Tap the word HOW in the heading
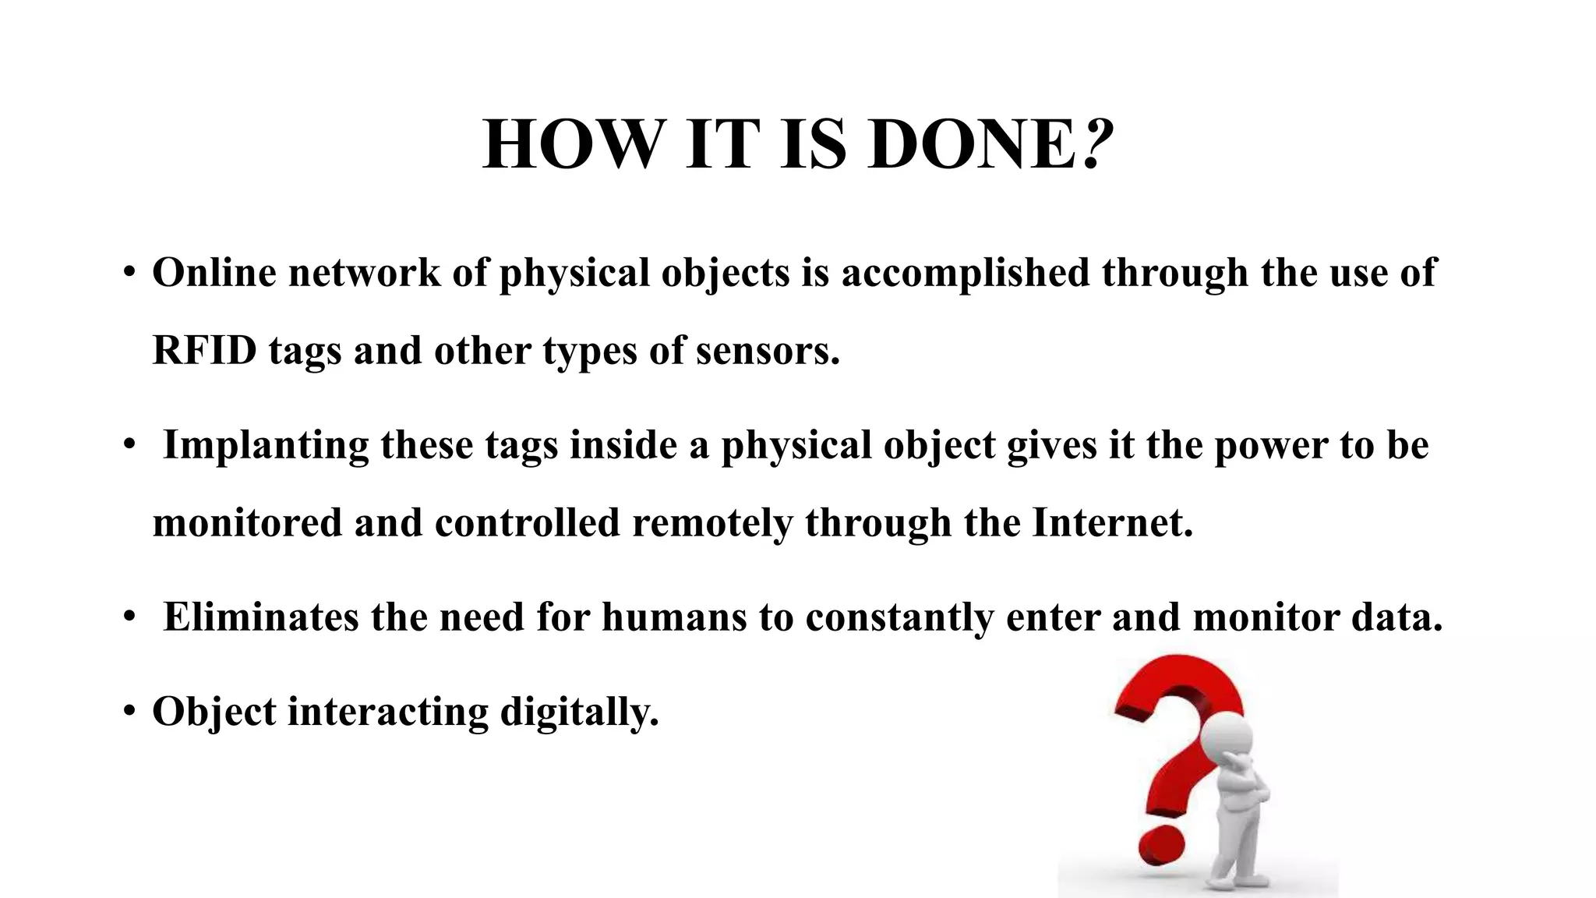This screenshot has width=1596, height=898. pyautogui.click(x=570, y=145)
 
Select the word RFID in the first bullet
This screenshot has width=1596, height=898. pyautogui.click(x=204, y=350)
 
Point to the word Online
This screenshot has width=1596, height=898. pyautogui.click(x=214, y=273)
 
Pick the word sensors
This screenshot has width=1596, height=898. pyautogui.click(x=768, y=350)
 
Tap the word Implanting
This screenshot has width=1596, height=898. pyautogui.click(x=266, y=445)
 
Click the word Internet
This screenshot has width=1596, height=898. pyautogui.click(x=1112, y=522)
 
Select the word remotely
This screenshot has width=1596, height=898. pyautogui.click(x=712, y=522)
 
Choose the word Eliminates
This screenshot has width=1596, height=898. pyautogui.click(x=260, y=617)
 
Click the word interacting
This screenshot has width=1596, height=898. pyautogui.click(x=387, y=711)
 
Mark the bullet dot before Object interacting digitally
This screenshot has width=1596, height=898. pyautogui.click(x=129, y=711)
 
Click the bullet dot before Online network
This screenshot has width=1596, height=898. pyautogui.click(x=129, y=273)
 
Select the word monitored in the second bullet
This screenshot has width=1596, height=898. pyautogui.click(x=247, y=522)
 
